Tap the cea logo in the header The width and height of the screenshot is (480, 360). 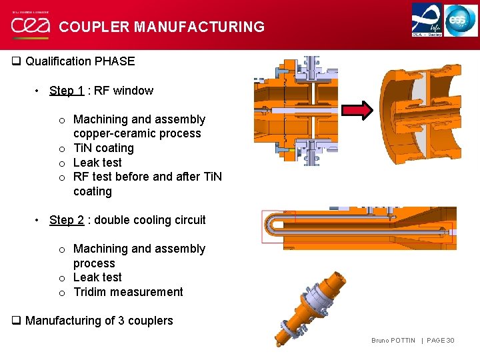coord(30,25)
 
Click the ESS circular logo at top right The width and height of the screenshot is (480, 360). coord(461,20)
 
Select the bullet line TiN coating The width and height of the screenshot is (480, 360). coord(103,148)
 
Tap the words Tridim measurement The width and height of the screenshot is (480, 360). coord(128,292)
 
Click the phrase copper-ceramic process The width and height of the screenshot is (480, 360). coord(137,133)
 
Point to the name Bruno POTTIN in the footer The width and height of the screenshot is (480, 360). coord(393,341)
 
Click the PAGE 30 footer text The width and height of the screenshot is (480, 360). coord(441,341)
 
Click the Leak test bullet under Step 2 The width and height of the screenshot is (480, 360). coord(97,277)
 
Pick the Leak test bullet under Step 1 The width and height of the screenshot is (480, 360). coord(97,163)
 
